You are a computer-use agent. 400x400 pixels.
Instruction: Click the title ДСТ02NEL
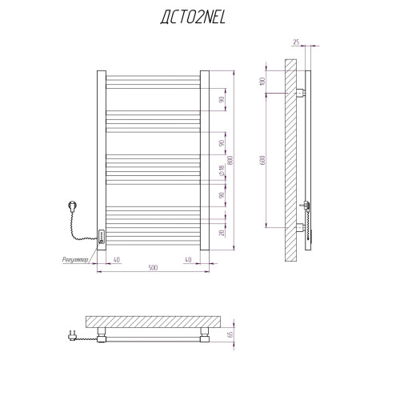click(x=193, y=18)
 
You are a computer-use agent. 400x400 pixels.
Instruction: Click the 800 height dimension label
click(x=230, y=160)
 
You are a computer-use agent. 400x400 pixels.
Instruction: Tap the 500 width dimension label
click(x=153, y=267)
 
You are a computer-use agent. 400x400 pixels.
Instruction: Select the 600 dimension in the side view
click(x=262, y=160)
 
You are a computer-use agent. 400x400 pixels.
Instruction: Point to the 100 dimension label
click(x=262, y=81)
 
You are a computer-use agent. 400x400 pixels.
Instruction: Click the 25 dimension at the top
click(x=296, y=42)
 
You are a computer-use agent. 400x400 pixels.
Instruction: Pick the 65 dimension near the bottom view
click(x=230, y=334)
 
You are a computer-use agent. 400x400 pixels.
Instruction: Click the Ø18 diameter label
click(x=222, y=170)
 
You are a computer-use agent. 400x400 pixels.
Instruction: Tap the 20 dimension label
click(x=222, y=233)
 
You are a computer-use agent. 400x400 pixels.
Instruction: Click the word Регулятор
click(x=75, y=260)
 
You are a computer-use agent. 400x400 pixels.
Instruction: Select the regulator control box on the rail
click(x=102, y=237)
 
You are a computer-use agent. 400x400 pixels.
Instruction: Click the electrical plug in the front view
click(x=73, y=206)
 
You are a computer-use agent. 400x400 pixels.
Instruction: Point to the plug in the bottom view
click(x=72, y=336)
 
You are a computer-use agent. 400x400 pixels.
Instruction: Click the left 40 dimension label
click(x=117, y=260)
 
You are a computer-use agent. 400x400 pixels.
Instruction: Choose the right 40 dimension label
click(x=188, y=260)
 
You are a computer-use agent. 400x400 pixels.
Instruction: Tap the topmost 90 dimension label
click(x=222, y=100)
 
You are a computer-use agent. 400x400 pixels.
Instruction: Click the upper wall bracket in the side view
click(x=301, y=93)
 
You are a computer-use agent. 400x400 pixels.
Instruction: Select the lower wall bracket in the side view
click(x=301, y=228)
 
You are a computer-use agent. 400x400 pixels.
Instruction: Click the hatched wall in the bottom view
click(x=153, y=322)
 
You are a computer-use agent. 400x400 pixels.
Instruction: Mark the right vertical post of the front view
click(x=205, y=160)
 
